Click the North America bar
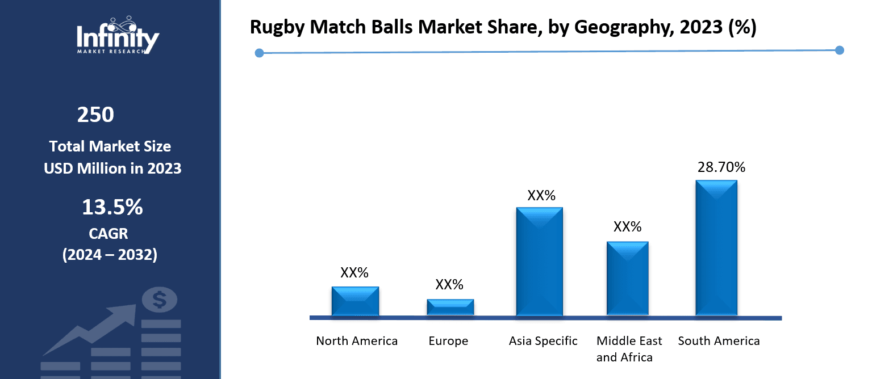pos(355,301)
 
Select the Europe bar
pos(450,307)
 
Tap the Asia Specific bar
pos(539,261)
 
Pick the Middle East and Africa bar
pos(627,278)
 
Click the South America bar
pos(716,247)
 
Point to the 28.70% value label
pos(721,167)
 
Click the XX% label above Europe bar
pos(449,285)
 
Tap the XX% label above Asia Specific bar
pos(541,196)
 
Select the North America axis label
pos(357,341)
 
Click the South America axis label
pos(719,341)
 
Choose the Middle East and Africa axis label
pos(629,349)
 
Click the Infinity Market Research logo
pos(118,35)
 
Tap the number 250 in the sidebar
pos(95,115)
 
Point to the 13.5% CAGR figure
pos(112,208)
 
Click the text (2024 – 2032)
pos(110,255)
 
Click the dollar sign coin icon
pos(160,299)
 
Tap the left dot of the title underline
pos(259,53)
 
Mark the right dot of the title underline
pos(840,50)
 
